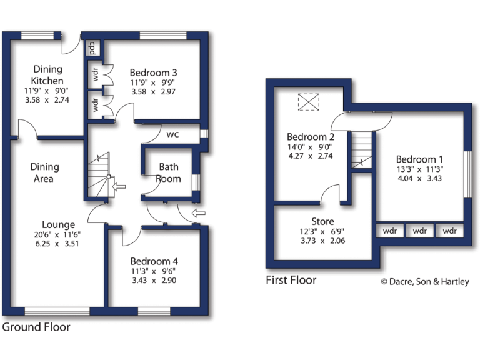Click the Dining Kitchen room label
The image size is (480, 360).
[48, 75]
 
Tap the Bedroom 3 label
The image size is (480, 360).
[154, 72]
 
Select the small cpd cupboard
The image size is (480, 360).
[92, 47]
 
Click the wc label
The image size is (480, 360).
[172, 134]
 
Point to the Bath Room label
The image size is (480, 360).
[169, 172]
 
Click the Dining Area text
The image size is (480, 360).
[44, 172]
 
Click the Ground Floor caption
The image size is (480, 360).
[36, 327]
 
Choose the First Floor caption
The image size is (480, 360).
[291, 280]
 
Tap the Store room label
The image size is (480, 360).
[322, 221]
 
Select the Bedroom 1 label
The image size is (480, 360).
[420, 158]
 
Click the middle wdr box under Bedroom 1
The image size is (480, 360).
[420, 231]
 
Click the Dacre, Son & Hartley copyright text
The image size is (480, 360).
[425, 282]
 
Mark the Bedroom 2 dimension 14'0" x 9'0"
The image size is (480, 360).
[311, 147]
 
